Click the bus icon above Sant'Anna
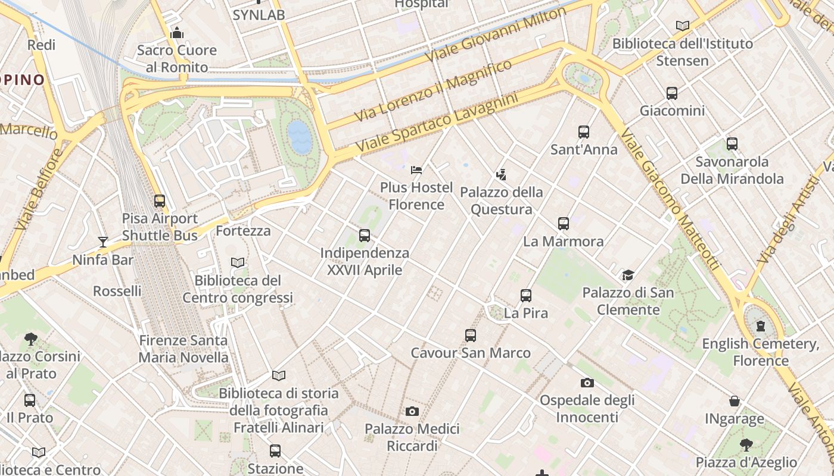pos(583,132)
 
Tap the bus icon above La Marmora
pos(564,224)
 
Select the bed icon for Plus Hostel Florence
pos(416,170)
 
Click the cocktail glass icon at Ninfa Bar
pos(103,242)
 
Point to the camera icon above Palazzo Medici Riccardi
pos(412,411)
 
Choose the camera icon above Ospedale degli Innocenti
pos(587,383)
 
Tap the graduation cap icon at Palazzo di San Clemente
pos(628,275)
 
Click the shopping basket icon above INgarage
pos(735,402)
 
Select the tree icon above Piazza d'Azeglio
pos(746,444)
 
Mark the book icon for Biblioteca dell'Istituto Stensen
pos(682,26)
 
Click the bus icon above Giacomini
pos(672,93)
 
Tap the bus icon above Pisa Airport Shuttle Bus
pos(159,201)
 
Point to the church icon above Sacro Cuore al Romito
pos(176,33)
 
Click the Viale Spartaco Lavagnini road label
pos(436,122)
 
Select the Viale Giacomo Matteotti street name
pos(670,199)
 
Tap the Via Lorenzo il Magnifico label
pos(433,90)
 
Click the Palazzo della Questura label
pos(501,201)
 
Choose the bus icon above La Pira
pos(525,296)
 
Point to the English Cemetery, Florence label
pos(760,352)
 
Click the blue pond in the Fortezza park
pos(299,137)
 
